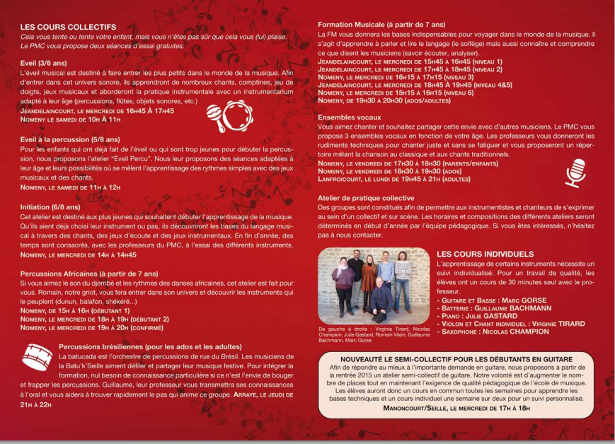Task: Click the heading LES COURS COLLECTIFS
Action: [x=69, y=27]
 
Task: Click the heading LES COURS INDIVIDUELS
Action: [x=485, y=253]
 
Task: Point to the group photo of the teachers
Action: [x=373, y=286]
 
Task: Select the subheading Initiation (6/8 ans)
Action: [x=50, y=206]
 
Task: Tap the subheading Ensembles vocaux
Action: [x=350, y=117]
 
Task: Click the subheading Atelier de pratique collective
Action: [x=366, y=198]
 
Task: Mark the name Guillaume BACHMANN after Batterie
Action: [x=515, y=308]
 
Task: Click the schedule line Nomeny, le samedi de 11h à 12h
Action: [x=71, y=187]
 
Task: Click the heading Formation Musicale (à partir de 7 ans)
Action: [x=381, y=25]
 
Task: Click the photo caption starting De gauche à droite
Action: [x=373, y=334]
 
